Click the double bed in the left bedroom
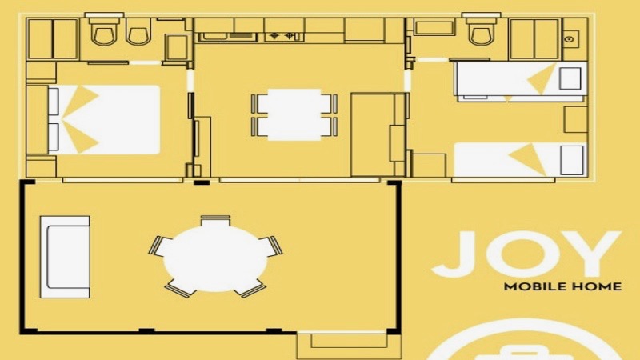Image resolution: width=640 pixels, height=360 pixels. tap(104, 119)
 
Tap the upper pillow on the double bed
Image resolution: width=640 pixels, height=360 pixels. tap(54, 101)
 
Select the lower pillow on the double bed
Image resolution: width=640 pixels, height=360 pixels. tap(54, 137)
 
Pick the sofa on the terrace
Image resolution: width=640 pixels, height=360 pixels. tap(65, 257)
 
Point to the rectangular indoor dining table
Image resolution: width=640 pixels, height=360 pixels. tap(294, 114)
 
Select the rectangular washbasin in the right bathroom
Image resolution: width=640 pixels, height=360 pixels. tap(434, 28)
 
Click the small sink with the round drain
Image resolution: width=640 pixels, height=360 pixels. tap(570, 39)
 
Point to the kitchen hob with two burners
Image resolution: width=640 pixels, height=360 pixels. tap(285, 36)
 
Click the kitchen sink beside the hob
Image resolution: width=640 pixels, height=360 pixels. tap(227, 37)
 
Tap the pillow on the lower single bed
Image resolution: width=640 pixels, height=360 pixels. tap(571, 159)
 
